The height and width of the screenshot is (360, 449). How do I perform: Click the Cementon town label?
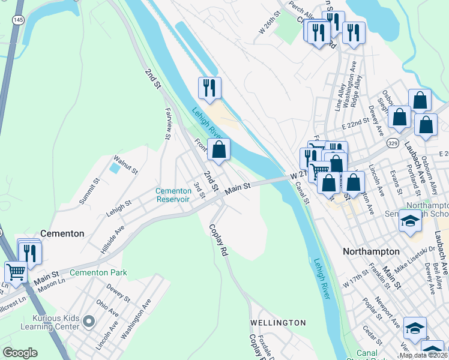click(62, 233)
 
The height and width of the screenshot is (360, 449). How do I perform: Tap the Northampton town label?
click(371, 251)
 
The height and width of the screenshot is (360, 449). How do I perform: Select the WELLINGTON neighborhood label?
click(278, 323)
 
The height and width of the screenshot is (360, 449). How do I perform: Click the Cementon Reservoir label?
click(173, 195)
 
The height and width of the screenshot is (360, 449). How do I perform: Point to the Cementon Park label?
click(98, 272)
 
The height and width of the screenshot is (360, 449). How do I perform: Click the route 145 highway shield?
click(19, 20)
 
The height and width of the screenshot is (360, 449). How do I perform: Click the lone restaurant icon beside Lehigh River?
click(209, 89)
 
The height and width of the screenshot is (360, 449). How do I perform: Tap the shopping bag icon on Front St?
click(219, 150)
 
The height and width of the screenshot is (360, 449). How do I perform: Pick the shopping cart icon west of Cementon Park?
click(16, 271)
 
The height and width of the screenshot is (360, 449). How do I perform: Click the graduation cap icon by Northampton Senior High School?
click(410, 222)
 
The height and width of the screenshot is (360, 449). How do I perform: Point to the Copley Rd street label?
click(218, 241)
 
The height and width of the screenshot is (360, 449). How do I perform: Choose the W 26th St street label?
click(270, 21)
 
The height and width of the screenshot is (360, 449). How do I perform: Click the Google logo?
click(20, 353)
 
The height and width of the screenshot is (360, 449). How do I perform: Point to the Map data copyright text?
click(423, 355)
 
